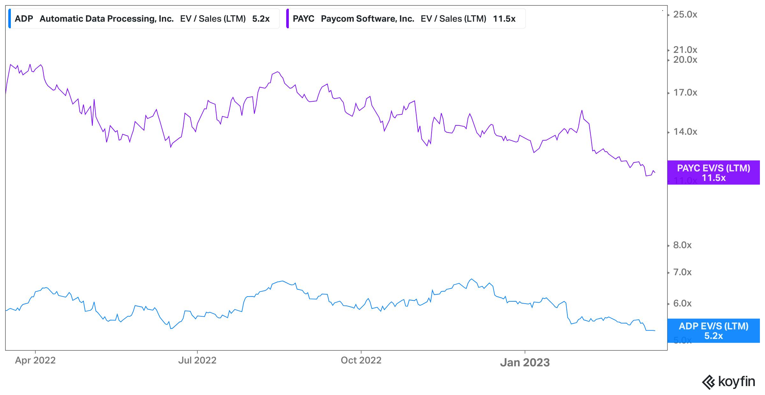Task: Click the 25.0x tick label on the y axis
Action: [x=685, y=15]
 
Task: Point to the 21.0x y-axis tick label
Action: [x=685, y=50]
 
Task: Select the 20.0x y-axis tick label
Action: [x=685, y=60]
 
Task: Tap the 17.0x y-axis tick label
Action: [x=685, y=93]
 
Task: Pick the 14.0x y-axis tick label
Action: [x=685, y=132]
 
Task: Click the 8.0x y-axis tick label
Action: [x=682, y=245]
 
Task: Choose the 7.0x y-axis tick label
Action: [x=682, y=272]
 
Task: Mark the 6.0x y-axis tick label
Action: [x=682, y=304]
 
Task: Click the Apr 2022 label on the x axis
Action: [x=35, y=360]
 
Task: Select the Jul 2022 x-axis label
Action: [x=197, y=360]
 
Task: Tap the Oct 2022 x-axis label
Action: [x=361, y=360]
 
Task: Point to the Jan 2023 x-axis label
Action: [x=525, y=363]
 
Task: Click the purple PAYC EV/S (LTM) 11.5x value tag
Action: [x=713, y=173]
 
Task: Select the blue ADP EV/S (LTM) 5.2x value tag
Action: [x=713, y=331]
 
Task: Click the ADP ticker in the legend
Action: [x=24, y=19]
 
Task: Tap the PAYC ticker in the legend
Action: [x=303, y=19]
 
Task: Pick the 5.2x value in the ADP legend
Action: [x=261, y=19]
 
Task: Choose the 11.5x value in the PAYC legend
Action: [x=504, y=19]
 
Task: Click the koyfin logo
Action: [x=728, y=382]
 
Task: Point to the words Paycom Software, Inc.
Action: [x=368, y=19]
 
